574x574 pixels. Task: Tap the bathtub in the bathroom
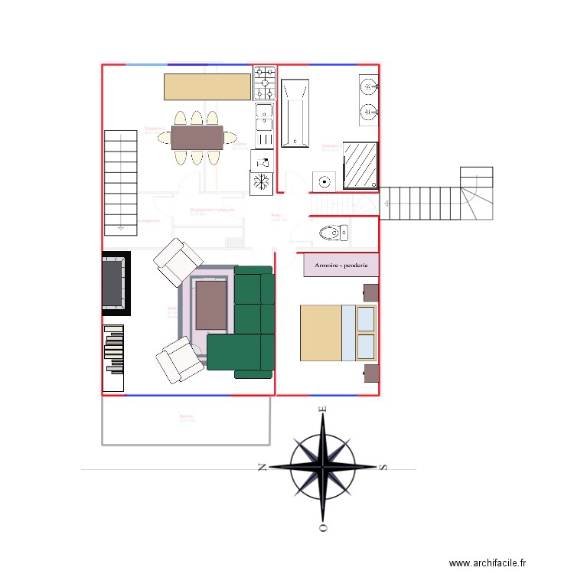coord(295,113)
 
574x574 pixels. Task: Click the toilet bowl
coord(331,232)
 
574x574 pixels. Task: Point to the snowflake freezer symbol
coord(261,183)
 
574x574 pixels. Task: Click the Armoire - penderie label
coord(341,265)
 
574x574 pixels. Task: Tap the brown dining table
coord(197,138)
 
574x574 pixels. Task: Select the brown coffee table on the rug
coord(210,304)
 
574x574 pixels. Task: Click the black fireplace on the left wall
coord(116,283)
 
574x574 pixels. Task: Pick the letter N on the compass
coord(262,466)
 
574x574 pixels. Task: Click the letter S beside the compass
coord(384,466)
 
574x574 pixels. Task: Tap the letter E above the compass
coord(323,409)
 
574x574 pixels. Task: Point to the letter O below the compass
coord(323,527)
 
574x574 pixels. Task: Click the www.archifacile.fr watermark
coord(488,563)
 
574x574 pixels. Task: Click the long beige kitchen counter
coord(207,86)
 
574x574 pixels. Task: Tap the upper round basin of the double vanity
coord(369,86)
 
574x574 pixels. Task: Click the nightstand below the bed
coord(371,373)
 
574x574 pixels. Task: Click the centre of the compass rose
coord(323,466)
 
